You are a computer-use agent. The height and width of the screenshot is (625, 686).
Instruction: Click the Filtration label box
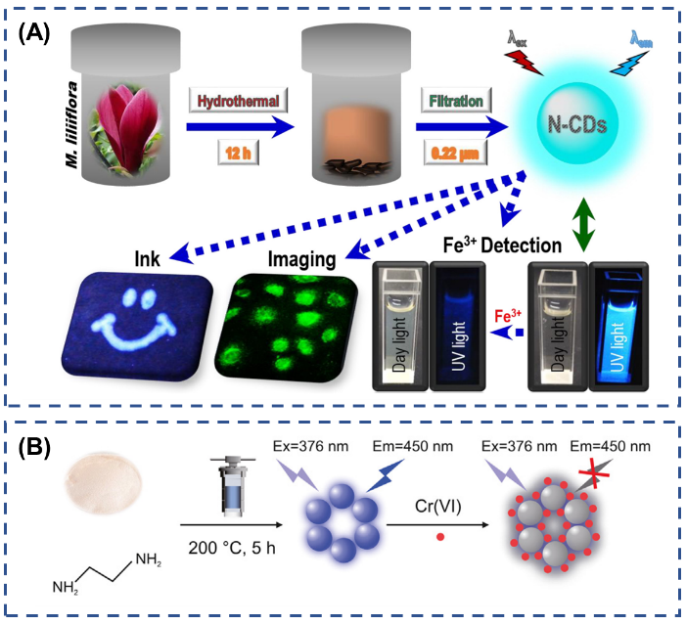[x=452, y=101]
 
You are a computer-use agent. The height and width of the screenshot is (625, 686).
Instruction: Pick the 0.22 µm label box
[x=452, y=153]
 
